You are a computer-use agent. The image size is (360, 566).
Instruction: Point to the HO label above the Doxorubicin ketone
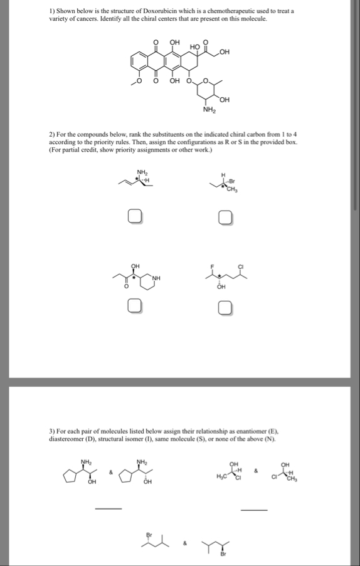click(194, 48)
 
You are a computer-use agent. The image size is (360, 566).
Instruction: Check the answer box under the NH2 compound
click(134, 218)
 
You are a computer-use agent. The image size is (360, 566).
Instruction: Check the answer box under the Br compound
click(226, 218)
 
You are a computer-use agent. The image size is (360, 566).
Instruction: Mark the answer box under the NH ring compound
click(134, 307)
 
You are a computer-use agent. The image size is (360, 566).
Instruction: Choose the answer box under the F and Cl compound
click(226, 307)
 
